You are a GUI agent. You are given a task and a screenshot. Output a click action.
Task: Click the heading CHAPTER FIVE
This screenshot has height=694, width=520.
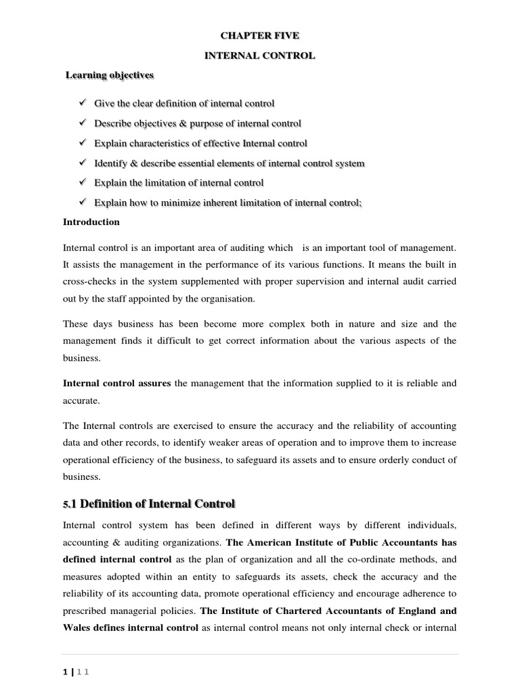point(260,35)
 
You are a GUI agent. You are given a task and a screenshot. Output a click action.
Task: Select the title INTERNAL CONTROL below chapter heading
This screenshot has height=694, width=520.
point(260,56)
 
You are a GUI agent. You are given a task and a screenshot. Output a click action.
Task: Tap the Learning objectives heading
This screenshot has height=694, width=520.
point(109,75)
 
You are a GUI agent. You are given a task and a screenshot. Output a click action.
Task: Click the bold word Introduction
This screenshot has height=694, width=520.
point(91,222)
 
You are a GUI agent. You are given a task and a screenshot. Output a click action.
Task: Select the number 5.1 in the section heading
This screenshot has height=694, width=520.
point(71,504)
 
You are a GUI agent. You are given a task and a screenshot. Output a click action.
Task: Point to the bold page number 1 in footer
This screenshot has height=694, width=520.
point(65,672)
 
